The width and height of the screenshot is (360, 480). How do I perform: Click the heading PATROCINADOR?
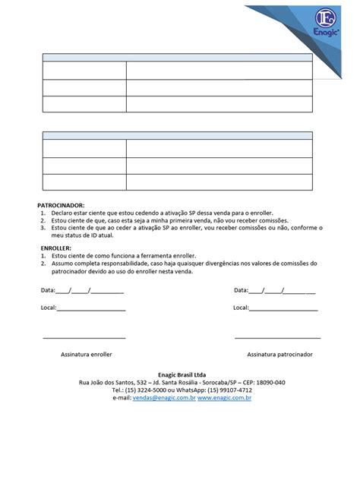(62, 205)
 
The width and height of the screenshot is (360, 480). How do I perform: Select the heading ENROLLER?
(55, 248)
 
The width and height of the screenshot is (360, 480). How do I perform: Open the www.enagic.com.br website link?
(225, 397)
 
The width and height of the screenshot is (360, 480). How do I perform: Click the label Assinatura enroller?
(87, 354)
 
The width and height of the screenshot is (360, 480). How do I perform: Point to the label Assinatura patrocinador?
(279, 354)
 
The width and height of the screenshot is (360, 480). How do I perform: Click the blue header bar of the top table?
(177, 58)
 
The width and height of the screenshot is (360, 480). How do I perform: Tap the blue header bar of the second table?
(177, 136)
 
